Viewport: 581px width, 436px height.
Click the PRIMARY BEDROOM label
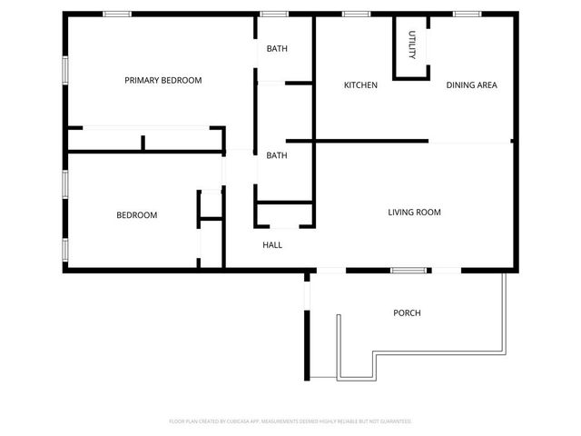(x=163, y=81)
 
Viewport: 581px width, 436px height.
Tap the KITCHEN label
(x=360, y=85)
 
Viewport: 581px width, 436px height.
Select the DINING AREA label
(x=471, y=85)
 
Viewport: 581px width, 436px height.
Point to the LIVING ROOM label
(x=414, y=213)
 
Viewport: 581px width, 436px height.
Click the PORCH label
(x=407, y=313)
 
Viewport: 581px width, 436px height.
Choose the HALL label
(x=272, y=245)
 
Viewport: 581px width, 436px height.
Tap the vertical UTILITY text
(x=411, y=45)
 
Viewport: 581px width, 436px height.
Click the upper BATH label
(x=277, y=49)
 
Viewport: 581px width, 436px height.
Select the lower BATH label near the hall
(x=277, y=155)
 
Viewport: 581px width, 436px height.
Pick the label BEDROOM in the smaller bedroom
(x=137, y=215)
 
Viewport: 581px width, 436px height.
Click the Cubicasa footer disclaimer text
(x=290, y=421)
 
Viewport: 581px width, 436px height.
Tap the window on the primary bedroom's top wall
(x=116, y=14)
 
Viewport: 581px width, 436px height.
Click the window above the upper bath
(x=274, y=14)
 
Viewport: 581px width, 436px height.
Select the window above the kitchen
(x=355, y=14)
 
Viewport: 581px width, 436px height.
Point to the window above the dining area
(x=467, y=14)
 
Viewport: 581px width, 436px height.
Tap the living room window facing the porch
(x=409, y=270)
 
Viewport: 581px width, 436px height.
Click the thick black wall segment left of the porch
(x=307, y=345)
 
